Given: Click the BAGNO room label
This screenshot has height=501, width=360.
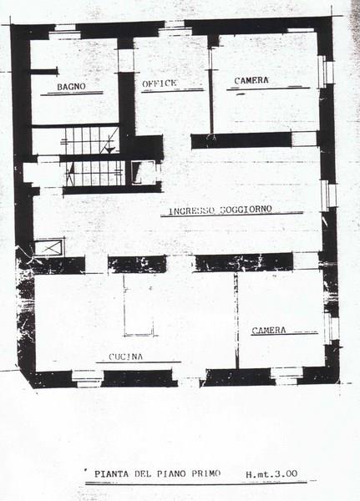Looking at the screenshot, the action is pyautogui.click(x=71, y=87).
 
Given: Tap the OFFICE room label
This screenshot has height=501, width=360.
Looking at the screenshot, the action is pyautogui.click(x=160, y=83).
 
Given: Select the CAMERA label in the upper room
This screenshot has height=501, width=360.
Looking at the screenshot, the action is pyautogui.click(x=251, y=80).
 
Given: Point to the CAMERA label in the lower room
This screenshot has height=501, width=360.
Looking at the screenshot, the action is pyautogui.click(x=269, y=331).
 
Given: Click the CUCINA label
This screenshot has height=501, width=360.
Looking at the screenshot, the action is pyautogui.click(x=125, y=357).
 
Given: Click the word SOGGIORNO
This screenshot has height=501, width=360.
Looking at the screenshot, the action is pyautogui.click(x=246, y=210).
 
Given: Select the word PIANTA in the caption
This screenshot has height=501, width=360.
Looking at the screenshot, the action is pyautogui.click(x=112, y=474).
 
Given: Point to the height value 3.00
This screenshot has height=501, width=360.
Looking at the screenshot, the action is pyautogui.click(x=285, y=473).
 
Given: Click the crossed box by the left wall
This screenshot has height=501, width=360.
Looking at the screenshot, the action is pyautogui.click(x=49, y=248).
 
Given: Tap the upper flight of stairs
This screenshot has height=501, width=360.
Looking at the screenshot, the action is pyautogui.click(x=90, y=140).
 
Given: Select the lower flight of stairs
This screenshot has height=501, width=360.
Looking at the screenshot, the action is pyautogui.click(x=95, y=173).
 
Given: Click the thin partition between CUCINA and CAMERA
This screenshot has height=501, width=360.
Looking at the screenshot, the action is pyautogui.click(x=236, y=321).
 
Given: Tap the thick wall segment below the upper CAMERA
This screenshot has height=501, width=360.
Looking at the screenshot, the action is pyautogui.click(x=241, y=140).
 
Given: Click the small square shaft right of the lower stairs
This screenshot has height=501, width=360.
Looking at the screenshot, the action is pyautogui.click(x=144, y=173).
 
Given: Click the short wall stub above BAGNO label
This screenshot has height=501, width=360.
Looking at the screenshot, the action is pyautogui.click(x=44, y=72).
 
